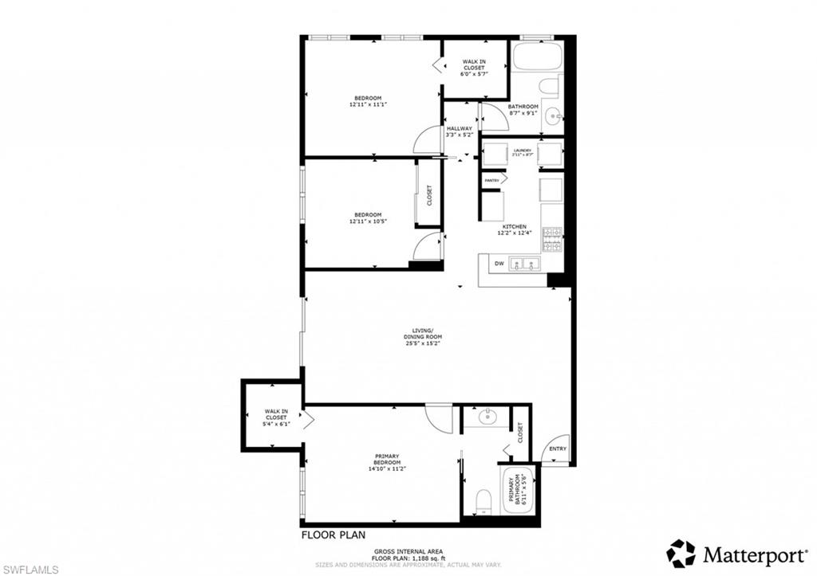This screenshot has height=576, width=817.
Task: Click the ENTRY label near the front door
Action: pos(557,449)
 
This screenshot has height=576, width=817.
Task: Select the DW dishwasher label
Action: pos(499,264)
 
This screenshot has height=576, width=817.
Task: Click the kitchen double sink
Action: pos(525,264)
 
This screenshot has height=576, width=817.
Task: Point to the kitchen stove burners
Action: pos(552,236)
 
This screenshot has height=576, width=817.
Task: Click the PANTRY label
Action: pos(491,180)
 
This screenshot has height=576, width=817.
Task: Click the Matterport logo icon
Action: pos(681,553)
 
